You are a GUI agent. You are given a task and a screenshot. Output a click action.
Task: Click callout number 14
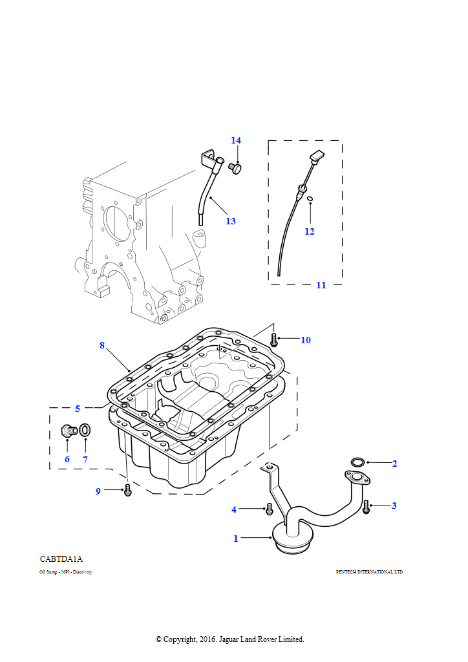(x=236, y=141)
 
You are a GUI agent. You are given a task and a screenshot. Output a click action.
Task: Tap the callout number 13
(x=231, y=221)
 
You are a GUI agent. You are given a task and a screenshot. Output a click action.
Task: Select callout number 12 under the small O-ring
(x=310, y=231)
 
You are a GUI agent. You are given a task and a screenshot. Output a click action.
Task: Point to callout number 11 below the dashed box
(x=321, y=285)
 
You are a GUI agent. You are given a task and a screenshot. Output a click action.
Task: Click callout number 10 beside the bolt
(x=305, y=340)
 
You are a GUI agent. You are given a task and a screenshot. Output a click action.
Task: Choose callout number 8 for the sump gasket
(x=102, y=345)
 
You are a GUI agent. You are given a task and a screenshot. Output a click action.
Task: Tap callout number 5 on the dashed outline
(x=78, y=409)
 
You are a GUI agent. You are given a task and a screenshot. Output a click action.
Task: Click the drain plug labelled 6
(x=67, y=431)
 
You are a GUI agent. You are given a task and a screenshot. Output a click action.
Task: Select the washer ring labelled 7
(x=85, y=429)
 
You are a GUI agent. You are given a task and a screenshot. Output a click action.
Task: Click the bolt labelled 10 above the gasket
(x=275, y=337)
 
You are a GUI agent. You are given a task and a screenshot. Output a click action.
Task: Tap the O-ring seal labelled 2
(x=357, y=462)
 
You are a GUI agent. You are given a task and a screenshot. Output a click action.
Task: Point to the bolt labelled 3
(x=366, y=506)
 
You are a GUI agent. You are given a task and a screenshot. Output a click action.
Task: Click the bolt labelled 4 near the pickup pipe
(x=269, y=509)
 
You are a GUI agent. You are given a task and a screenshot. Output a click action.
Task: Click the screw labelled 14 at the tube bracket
(x=236, y=168)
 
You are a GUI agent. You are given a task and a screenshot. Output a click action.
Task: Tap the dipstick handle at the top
(x=316, y=156)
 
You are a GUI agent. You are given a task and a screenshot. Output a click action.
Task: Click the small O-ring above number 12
(x=310, y=199)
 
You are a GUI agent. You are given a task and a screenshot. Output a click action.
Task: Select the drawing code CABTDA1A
(x=61, y=559)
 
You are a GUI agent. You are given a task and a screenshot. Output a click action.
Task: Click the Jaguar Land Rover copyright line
(x=230, y=639)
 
